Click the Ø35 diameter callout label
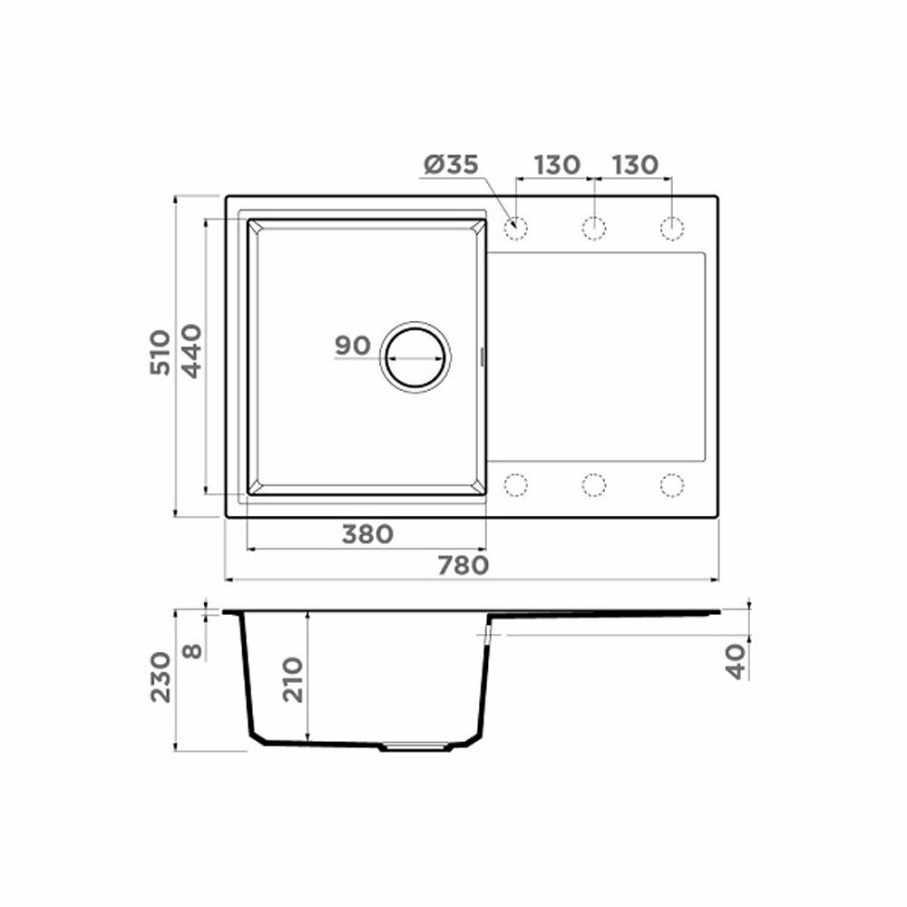[451, 165]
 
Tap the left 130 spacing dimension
[557, 165]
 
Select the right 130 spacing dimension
[635, 165]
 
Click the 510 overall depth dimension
[161, 352]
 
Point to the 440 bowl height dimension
[191, 351]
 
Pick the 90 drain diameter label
[352, 346]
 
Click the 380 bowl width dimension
[368, 534]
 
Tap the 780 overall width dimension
[463, 565]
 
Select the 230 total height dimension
[161, 677]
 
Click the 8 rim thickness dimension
[192, 651]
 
